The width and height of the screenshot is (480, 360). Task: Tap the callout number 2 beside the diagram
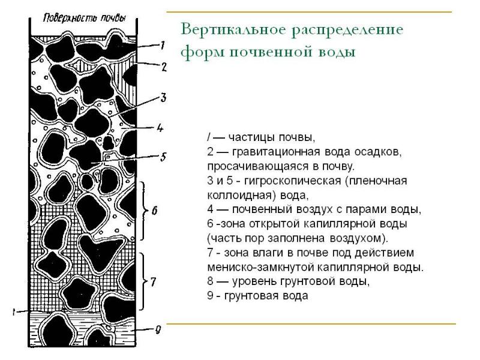[163, 67]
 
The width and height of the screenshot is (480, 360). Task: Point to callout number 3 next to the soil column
[163, 98]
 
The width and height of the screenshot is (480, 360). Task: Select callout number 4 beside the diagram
[160, 127]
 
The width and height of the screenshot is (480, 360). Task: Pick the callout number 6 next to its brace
[154, 210]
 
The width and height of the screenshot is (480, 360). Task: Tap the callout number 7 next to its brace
[154, 281]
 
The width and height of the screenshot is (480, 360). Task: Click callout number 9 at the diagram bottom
[157, 328]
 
